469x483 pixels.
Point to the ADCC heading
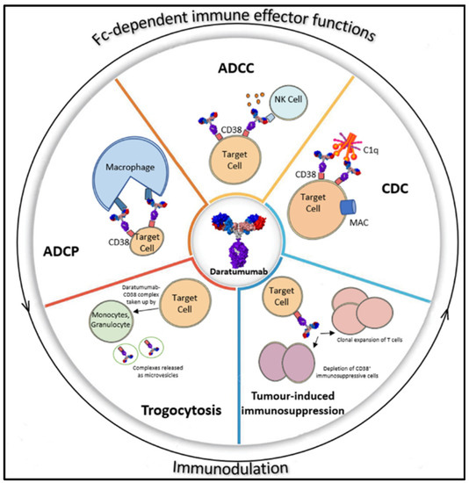click(234, 67)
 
